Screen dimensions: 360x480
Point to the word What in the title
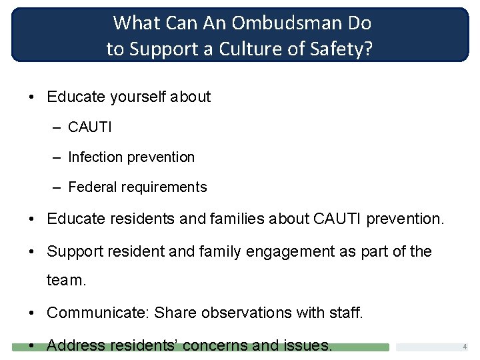pos(137,23)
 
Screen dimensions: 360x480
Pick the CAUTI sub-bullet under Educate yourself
pos(90,127)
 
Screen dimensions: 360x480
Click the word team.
pos(66,281)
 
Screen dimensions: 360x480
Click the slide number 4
pos(465,347)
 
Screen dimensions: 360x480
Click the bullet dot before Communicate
pos(33,312)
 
